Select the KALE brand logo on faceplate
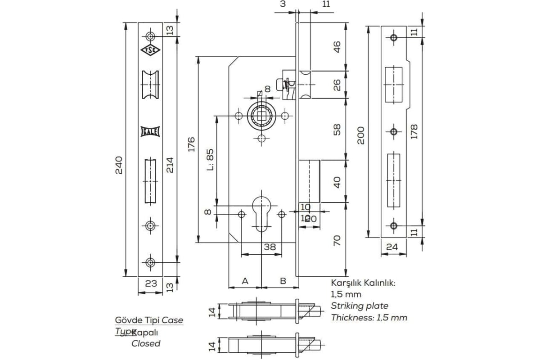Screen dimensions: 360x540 point(149,131)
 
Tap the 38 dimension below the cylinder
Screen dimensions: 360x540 point(269,247)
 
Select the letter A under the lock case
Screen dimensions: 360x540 point(245,281)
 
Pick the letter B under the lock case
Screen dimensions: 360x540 point(283,281)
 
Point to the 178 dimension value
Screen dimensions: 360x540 point(414,131)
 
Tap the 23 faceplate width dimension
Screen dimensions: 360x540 point(151,283)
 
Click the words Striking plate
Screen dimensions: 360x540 point(360,306)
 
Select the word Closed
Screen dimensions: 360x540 point(145,343)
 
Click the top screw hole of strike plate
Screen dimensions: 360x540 point(394,38)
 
